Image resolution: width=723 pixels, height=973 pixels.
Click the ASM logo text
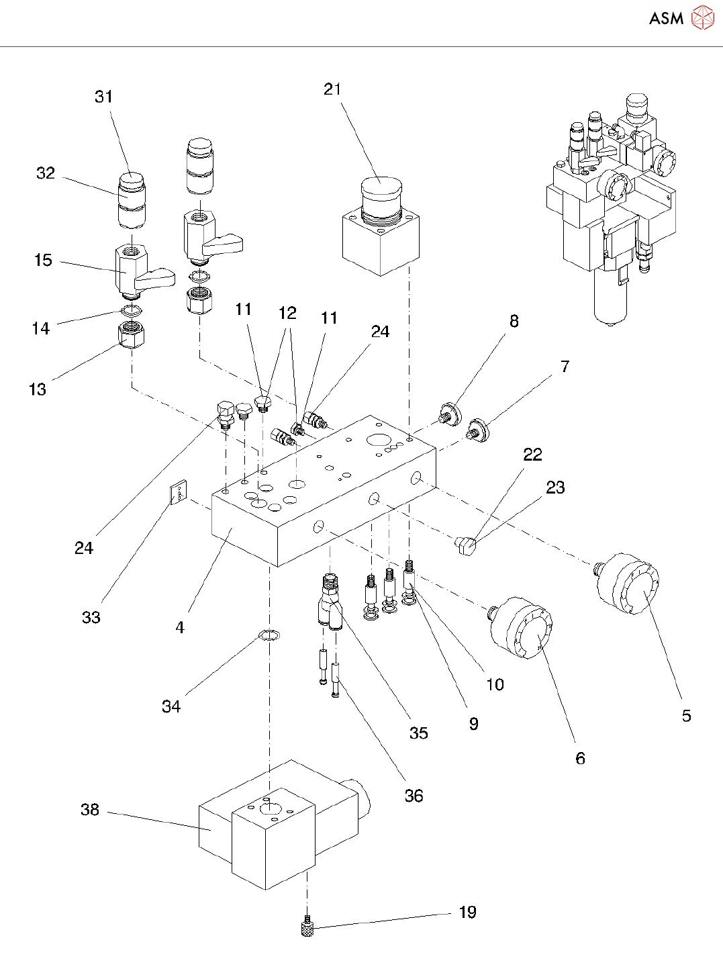tap(666, 18)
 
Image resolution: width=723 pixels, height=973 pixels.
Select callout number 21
tap(332, 89)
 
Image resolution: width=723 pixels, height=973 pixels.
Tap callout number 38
tap(90, 809)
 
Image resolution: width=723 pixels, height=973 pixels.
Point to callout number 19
tap(468, 912)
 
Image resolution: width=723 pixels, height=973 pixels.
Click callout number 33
tap(91, 617)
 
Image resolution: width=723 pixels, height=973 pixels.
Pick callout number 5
tap(686, 716)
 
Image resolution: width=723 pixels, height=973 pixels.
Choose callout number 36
tap(414, 796)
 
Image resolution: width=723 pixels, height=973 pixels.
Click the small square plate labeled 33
tap(178, 495)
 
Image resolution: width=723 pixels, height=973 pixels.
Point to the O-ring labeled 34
tap(269, 635)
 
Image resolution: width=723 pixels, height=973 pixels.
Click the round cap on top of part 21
tap(381, 189)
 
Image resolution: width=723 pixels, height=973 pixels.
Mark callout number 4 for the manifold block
tap(180, 627)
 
